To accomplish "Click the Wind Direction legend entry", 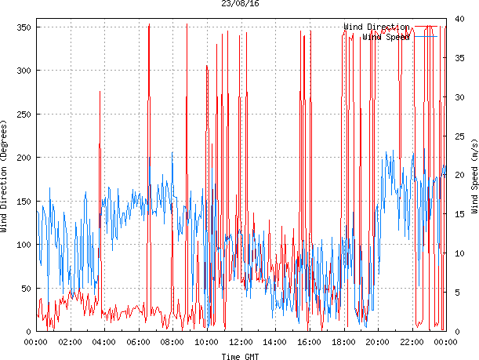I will [376, 27].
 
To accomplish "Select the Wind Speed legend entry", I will [386, 37].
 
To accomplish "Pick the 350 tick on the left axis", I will [22, 27].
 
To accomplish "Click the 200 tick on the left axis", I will [22, 158].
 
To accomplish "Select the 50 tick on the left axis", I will [24, 289].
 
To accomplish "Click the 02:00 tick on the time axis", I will [71, 342].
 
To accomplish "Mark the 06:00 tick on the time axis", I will [139, 342].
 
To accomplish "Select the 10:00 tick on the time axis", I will [207, 342].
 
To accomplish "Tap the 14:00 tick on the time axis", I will [275, 342].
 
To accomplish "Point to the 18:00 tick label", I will [343, 342].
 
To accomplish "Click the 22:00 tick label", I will [412, 342].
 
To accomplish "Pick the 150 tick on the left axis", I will [22, 202].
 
